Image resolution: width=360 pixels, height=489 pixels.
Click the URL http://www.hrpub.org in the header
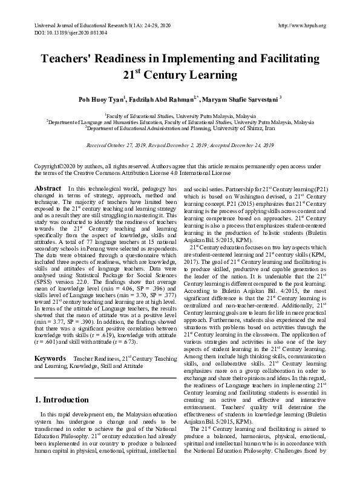click(x=301, y=25)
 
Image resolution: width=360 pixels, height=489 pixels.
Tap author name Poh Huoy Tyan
click(x=100, y=99)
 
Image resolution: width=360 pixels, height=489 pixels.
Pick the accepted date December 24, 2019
click(x=244, y=145)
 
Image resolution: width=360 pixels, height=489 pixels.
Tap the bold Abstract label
click(x=48, y=189)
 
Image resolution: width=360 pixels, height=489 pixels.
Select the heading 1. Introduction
click(x=62, y=399)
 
